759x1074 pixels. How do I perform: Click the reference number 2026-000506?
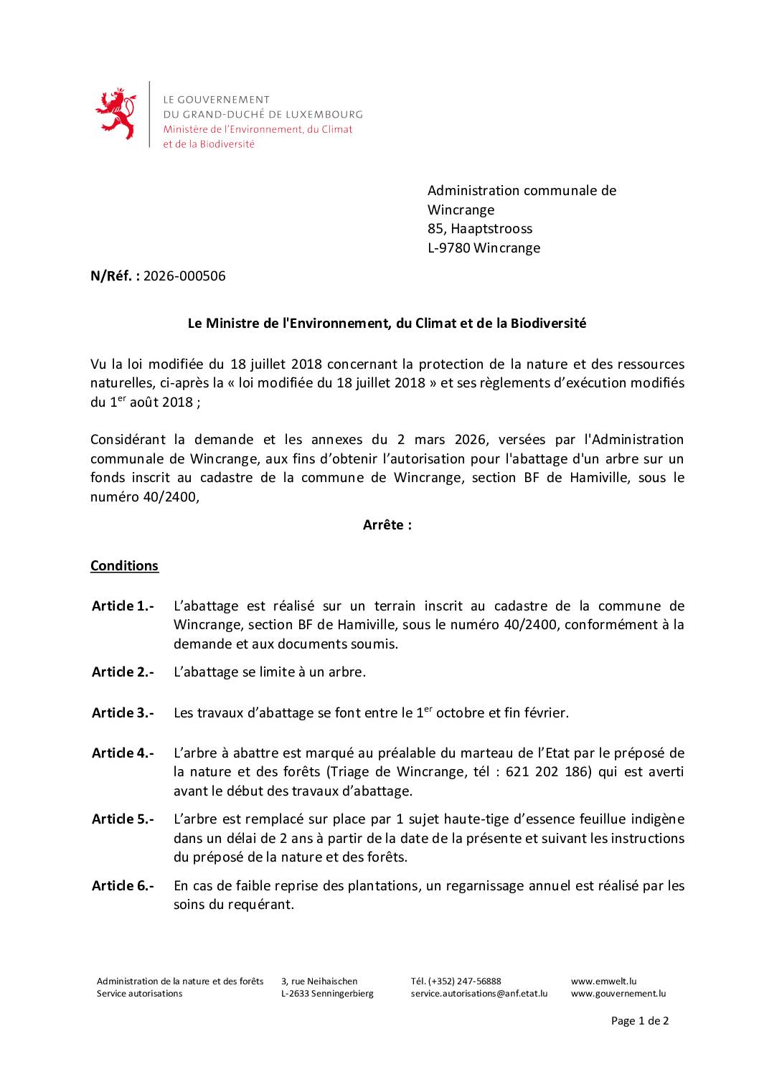[x=184, y=276]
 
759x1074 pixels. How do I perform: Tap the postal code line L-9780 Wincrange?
[x=484, y=248]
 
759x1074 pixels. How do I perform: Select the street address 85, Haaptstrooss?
[x=479, y=229]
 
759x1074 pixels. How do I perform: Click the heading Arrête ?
[x=387, y=525]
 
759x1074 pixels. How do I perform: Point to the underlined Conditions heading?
[x=124, y=566]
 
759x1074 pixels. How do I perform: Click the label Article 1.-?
[x=123, y=606]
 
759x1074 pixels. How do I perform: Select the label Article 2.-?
[x=123, y=672]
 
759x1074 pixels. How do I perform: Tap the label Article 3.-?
[x=123, y=713]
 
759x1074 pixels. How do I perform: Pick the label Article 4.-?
[x=123, y=753]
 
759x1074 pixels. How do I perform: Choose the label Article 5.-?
[x=123, y=819]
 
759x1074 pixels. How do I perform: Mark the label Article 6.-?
[x=123, y=886]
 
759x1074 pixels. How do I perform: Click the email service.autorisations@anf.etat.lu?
[x=478, y=994]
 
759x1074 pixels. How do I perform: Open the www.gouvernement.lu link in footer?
[x=618, y=994]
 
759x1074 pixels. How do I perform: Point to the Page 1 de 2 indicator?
[x=639, y=1021]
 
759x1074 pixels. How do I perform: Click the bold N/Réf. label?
[x=115, y=276]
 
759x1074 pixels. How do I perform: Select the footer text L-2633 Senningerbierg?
[x=327, y=994]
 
